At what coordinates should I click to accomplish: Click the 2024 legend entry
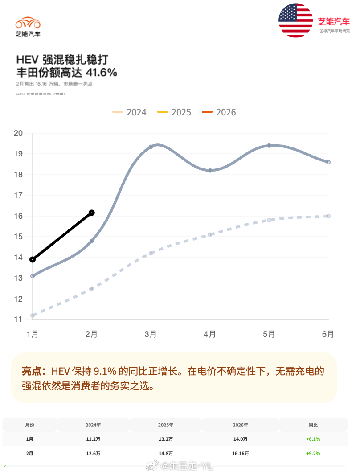[x=130, y=112]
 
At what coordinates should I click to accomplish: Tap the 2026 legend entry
[x=219, y=112]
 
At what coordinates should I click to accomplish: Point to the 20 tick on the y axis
[x=18, y=133]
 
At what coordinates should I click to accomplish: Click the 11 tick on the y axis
[x=18, y=319]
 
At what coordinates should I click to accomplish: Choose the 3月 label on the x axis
[x=151, y=334]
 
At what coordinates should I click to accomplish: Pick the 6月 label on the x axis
[x=328, y=334]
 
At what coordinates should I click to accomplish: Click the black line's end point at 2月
[x=91, y=213]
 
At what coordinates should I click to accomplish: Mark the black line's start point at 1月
[x=33, y=259]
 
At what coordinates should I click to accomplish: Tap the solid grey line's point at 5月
[x=269, y=145]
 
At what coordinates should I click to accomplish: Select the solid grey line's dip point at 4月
[x=210, y=170]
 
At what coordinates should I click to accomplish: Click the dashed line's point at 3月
[x=151, y=253]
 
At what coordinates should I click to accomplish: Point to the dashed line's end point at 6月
[x=328, y=216]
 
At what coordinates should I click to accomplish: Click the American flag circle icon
[x=296, y=20]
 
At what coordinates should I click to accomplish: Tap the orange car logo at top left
[x=28, y=23]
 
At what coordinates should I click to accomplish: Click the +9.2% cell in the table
[x=313, y=454]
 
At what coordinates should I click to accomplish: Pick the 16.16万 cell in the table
[x=241, y=454]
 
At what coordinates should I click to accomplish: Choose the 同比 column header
[x=313, y=425]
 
